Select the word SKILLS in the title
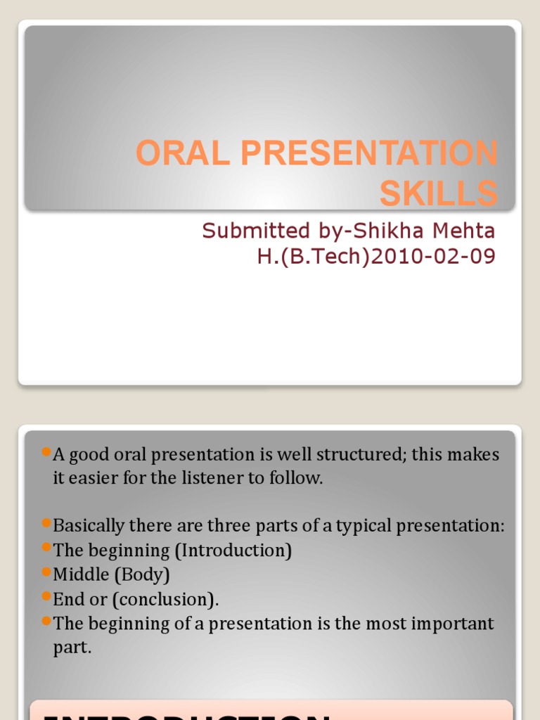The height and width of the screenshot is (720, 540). pos(439,194)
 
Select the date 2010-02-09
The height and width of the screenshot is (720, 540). pos(432,257)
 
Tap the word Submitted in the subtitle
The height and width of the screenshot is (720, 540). pos(246,231)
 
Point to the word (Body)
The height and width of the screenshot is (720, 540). pos(144,575)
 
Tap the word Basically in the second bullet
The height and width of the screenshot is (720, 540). pos(88,526)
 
